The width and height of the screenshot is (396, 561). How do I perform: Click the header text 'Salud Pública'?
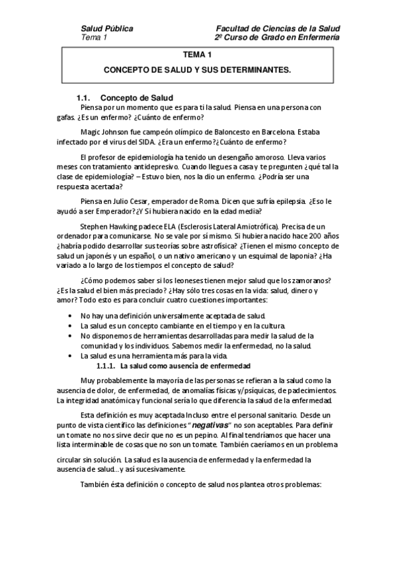pos(106,28)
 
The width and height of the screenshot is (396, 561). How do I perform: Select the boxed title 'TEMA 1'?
pos(198,56)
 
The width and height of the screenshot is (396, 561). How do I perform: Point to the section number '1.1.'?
pos(87,97)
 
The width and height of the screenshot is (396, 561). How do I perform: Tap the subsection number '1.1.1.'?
pos(106,366)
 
